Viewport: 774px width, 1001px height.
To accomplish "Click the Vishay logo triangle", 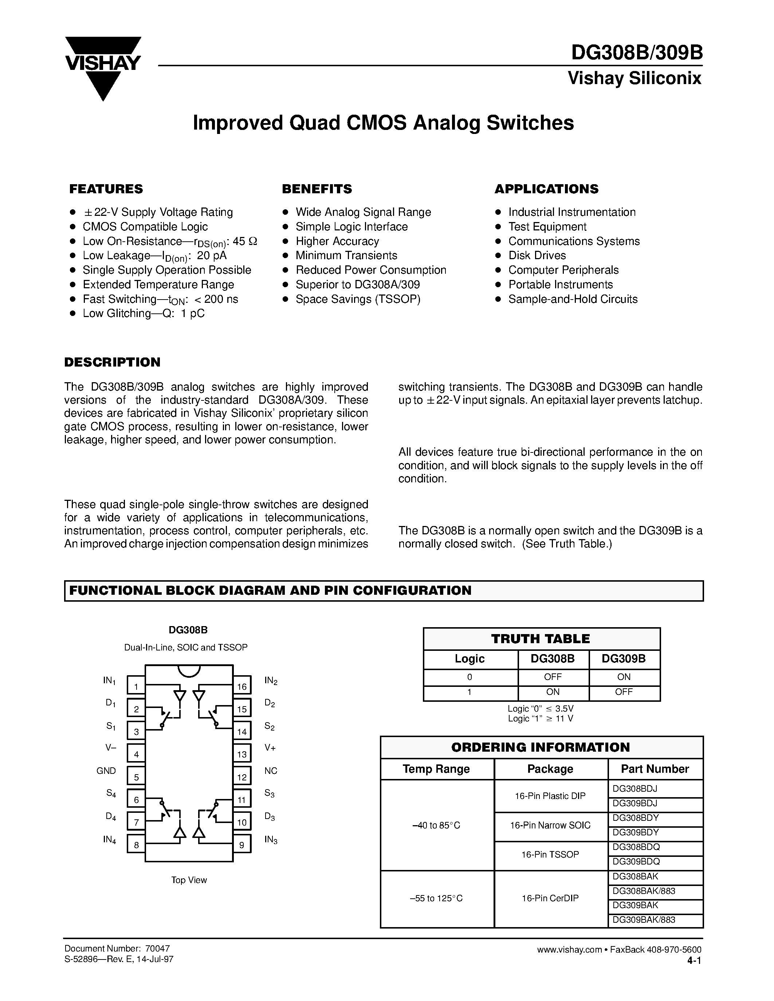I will tap(103, 69).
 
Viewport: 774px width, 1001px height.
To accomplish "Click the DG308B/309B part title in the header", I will tap(636, 53).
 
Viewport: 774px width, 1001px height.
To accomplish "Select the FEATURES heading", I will tap(106, 189).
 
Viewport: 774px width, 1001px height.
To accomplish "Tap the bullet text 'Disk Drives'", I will tap(537, 255).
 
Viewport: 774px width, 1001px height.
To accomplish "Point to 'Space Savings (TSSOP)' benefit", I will tap(358, 299).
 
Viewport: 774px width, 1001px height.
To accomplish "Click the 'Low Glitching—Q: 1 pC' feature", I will tap(144, 313).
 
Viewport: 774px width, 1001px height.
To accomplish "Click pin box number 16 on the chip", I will tap(241, 687).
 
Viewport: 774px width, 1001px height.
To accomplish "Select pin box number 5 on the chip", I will tap(136, 777).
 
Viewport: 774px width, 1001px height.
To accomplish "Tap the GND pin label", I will tap(106, 771).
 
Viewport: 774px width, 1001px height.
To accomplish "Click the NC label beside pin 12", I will tap(271, 771).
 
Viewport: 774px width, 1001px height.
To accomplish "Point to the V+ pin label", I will tap(270, 748).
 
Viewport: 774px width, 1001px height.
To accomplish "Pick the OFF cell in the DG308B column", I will tap(553, 677).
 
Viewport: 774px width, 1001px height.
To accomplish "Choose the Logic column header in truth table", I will tap(469, 658).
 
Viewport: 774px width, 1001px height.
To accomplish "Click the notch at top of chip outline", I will tap(189, 670).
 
